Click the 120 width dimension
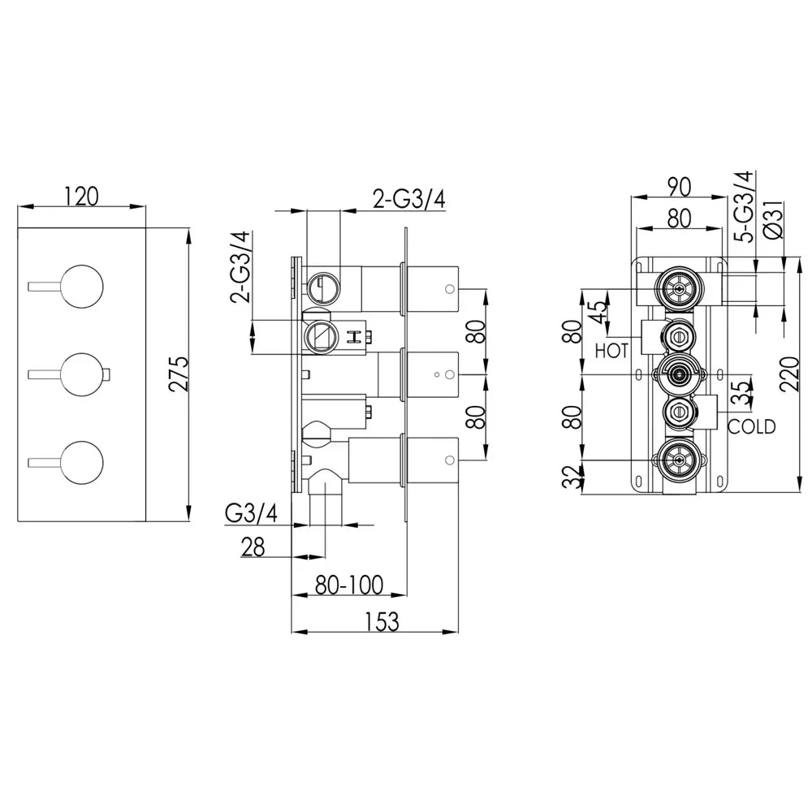click(81, 197)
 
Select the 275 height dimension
click(179, 374)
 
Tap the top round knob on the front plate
click(82, 287)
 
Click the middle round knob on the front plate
click(82, 375)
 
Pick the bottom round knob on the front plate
click(82, 463)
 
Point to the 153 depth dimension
click(382, 622)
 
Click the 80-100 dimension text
click(349, 585)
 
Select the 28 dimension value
click(253, 546)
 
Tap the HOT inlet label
click(611, 351)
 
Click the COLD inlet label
click(751, 427)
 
